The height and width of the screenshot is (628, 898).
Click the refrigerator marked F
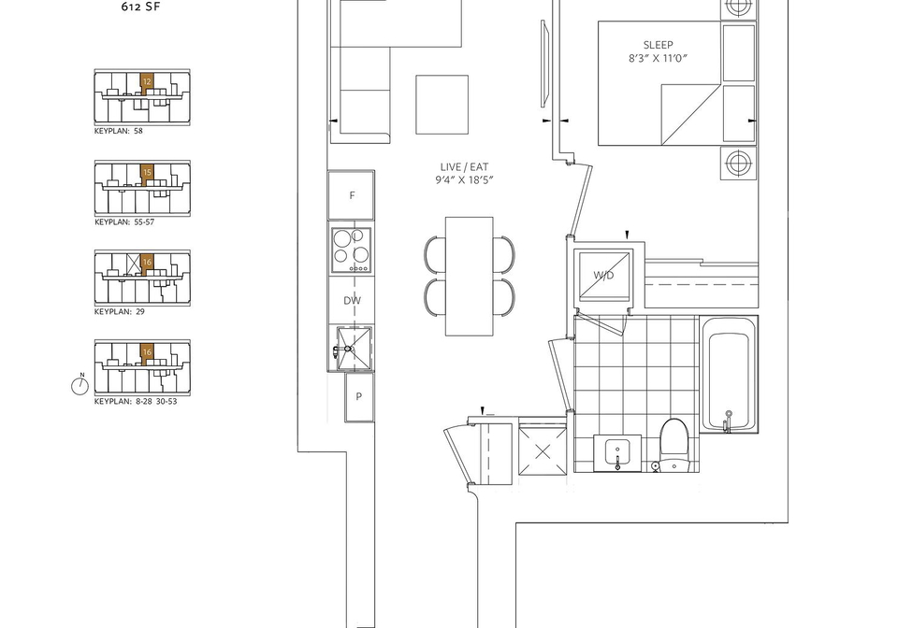[351, 195]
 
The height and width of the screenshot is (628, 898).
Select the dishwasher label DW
[353, 300]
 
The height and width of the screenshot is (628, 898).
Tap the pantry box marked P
[359, 397]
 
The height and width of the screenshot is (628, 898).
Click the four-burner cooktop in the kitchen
[351, 250]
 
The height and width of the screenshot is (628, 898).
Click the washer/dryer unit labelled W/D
[603, 276]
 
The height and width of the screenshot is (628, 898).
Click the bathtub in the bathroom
[729, 374]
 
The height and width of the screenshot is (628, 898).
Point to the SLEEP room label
[658, 45]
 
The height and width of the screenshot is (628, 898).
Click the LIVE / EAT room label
[465, 167]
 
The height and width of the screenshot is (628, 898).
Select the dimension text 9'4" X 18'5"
[465, 180]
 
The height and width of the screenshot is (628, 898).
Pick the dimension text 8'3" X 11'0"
[658, 58]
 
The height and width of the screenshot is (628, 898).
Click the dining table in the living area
[469, 277]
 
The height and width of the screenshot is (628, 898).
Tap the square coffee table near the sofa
[442, 105]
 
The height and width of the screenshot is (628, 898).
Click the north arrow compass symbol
[80, 386]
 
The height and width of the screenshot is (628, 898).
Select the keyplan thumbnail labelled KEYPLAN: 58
[142, 98]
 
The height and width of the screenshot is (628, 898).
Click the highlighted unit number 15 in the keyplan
[147, 172]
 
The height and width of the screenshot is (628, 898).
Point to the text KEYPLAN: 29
[120, 312]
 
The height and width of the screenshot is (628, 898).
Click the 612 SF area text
[138, 7]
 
